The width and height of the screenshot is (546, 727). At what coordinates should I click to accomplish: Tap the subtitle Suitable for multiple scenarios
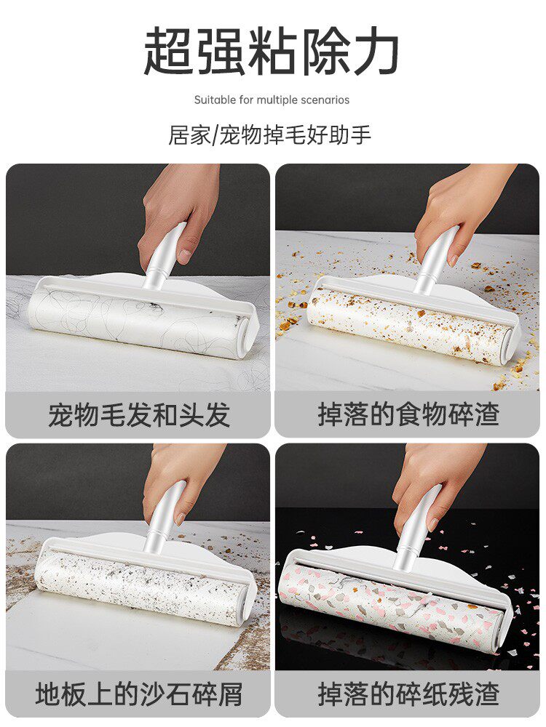[272, 100]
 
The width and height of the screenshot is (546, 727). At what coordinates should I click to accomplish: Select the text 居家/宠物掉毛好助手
[270, 135]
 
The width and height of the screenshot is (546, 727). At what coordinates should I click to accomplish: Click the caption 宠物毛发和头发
[138, 414]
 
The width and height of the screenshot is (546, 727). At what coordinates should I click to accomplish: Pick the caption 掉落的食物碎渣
[408, 414]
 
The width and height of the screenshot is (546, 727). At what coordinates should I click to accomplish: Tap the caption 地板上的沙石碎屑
[138, 694]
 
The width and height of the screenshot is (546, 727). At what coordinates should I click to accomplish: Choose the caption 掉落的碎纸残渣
[408, 694]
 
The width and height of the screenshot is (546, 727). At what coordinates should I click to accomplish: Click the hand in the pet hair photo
[178, 207]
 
